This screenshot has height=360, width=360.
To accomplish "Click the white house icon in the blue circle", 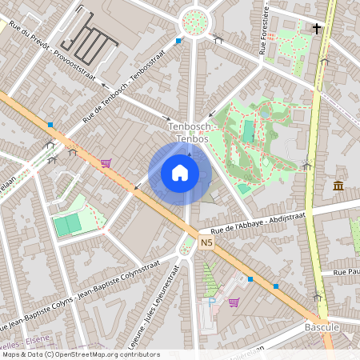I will (180, 173).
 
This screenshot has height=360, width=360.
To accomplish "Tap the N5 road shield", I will (208, 242).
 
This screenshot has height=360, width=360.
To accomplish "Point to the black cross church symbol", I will (317, 29).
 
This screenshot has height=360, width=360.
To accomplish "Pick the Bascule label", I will (322, 328).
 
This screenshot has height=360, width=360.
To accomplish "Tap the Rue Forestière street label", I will (263, 32).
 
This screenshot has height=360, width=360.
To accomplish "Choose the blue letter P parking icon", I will (212, 301).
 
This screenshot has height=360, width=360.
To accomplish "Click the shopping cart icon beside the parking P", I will (234, 302).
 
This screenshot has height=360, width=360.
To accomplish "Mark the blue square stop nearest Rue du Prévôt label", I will (178, 40).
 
